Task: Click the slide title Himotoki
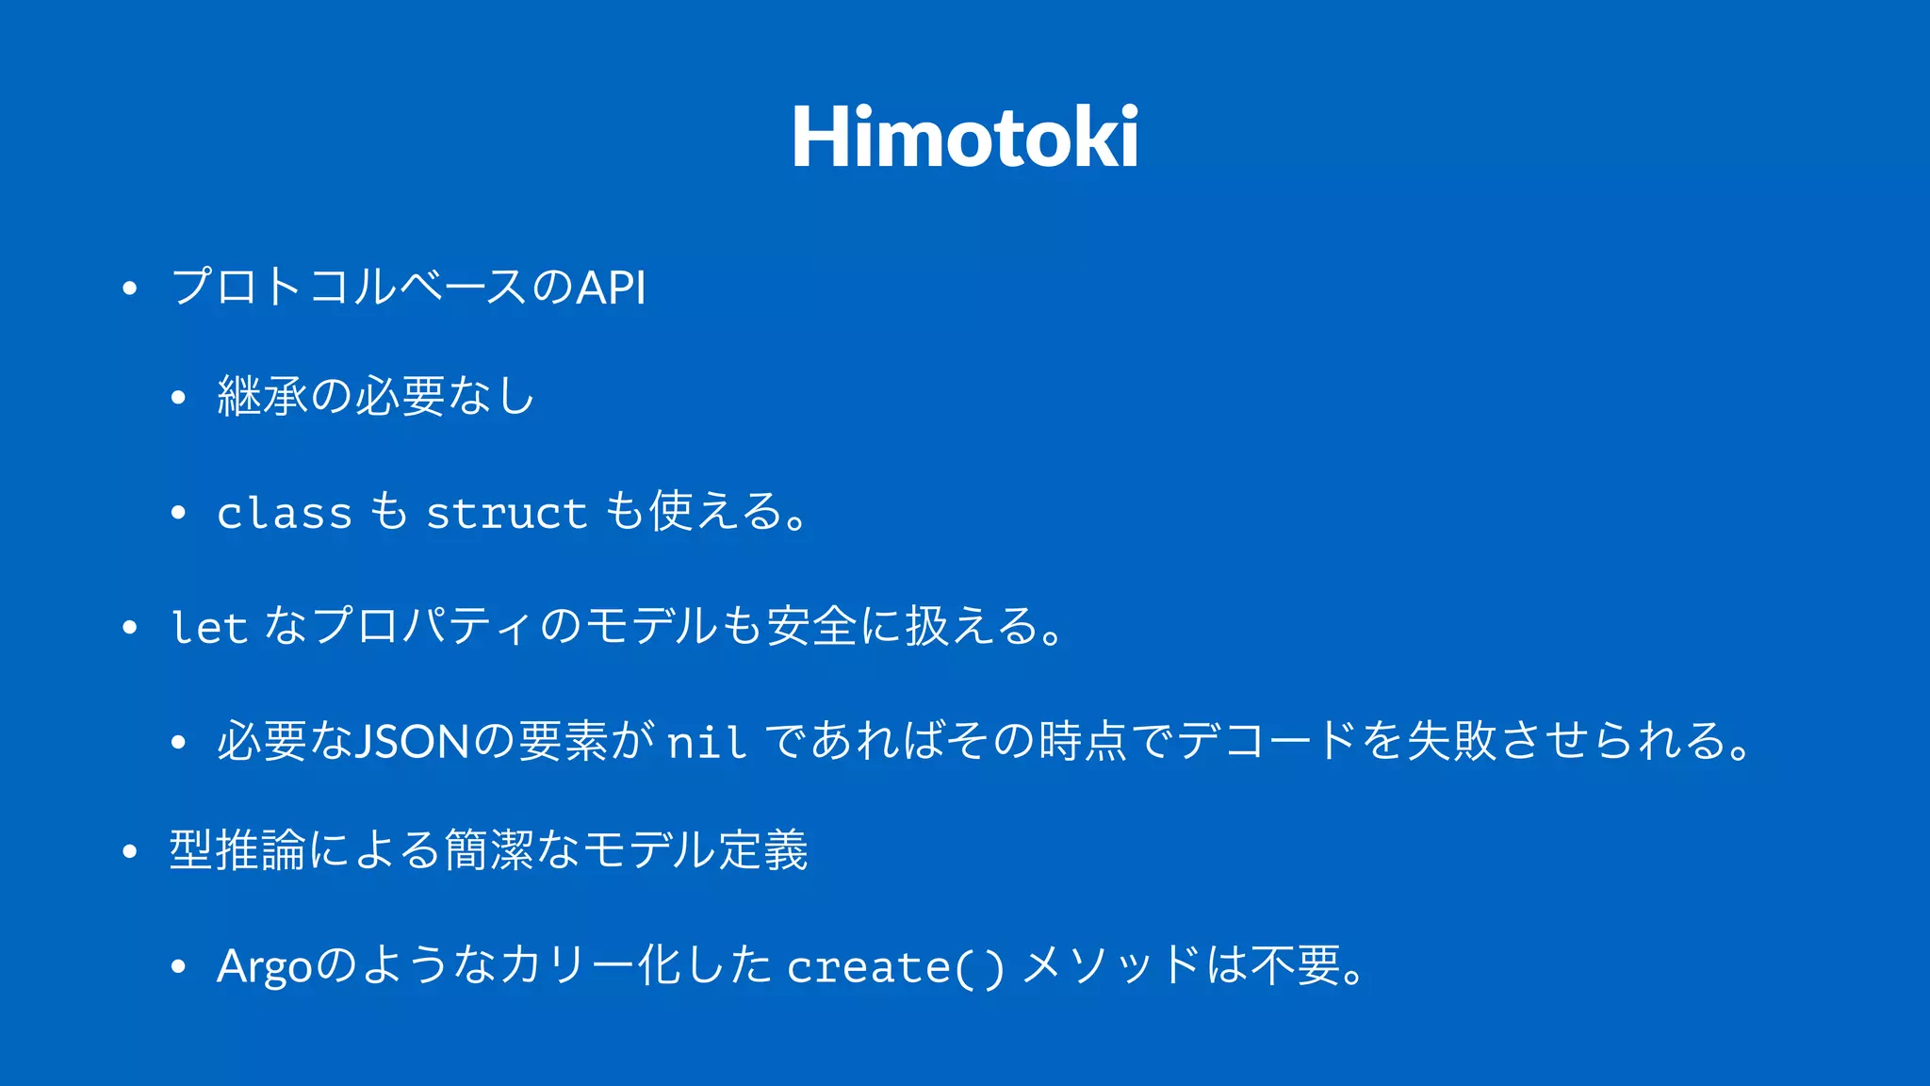click(965, 139)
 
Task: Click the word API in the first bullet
click(611, 288)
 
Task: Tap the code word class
click(284, 513)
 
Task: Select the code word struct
click(506, 513)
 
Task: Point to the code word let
click(208, 627)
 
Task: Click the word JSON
click(410, 741)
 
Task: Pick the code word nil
click(707, 742)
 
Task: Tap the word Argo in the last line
click(264, 967)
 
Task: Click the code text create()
click(895, 967)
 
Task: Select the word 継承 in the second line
click(262, 396)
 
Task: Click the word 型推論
click(237, 850)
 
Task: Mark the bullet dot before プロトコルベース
click(130, 288)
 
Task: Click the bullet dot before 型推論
click(130, 852)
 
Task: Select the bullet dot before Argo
click(178, 967)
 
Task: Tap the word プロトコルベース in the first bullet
click(349, 288)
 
